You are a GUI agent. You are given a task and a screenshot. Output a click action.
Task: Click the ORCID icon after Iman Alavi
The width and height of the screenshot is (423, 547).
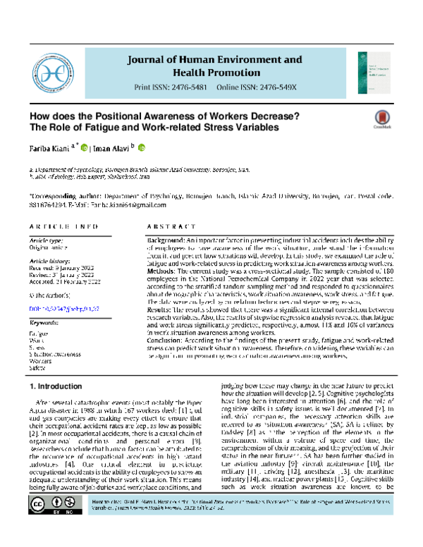[140, 149]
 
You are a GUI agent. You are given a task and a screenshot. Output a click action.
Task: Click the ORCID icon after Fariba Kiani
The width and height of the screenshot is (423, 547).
[84, 149]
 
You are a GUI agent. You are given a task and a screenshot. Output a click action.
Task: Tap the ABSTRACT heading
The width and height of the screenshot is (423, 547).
[166, 228]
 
